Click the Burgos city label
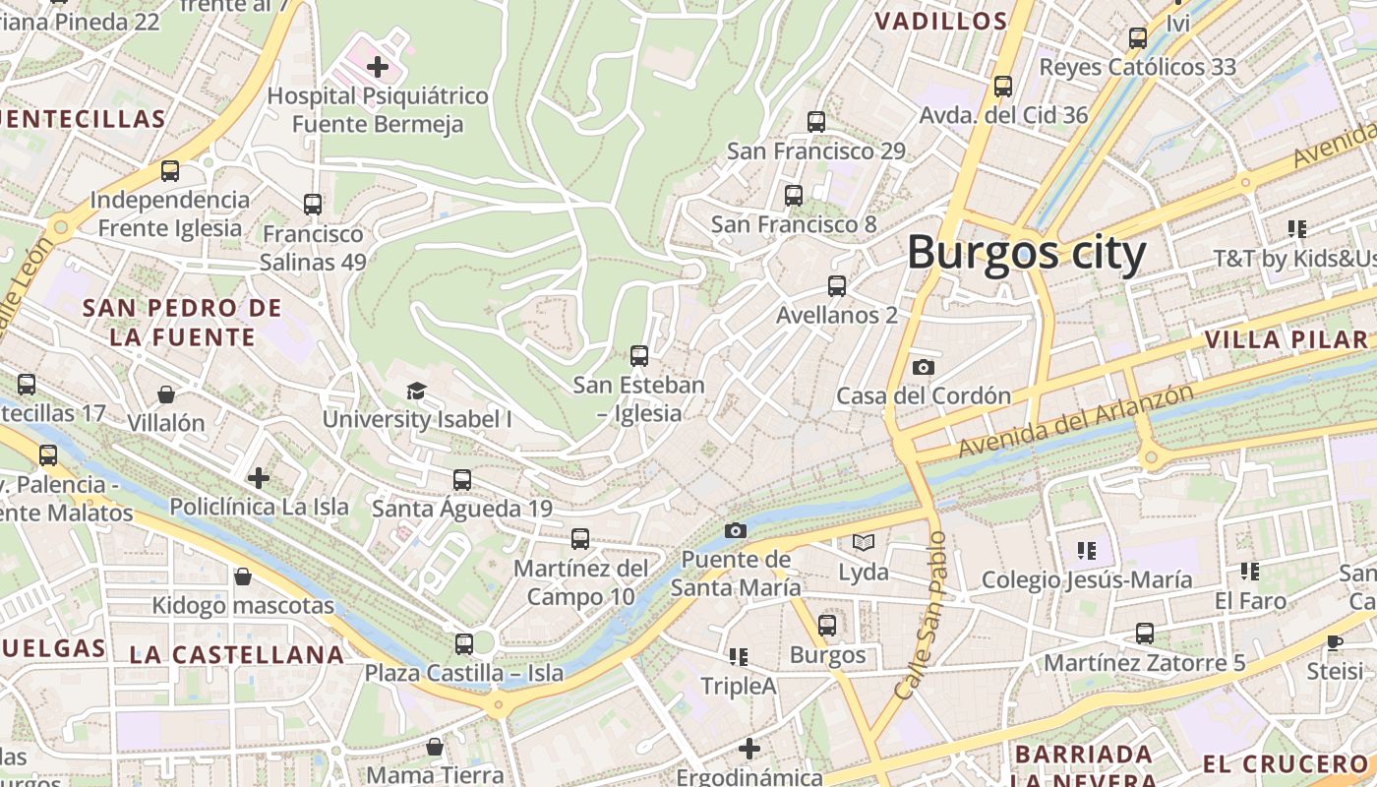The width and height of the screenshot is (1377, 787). point(1026,253)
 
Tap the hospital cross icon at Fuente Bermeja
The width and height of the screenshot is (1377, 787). point(377,68)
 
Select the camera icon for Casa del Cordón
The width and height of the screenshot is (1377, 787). point(923,367)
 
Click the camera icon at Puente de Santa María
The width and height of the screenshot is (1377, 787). point(735,530)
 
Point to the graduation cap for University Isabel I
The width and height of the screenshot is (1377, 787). point(417,391)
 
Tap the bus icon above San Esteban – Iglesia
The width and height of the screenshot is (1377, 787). point(639,356)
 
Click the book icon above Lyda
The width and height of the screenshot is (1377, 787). point(863,542)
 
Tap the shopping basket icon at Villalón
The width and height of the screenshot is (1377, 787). point(166,394)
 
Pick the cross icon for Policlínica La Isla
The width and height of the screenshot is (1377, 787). point(259,478)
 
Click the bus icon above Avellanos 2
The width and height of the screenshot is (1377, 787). point(836,286)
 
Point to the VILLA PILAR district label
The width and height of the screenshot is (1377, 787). point(1287,340)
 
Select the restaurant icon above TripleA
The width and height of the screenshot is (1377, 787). point(739,656)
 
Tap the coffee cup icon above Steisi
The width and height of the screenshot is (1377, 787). point(1335,642)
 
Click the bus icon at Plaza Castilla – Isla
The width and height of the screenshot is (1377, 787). point(464,644)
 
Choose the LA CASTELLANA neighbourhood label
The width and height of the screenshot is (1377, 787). point(237,654)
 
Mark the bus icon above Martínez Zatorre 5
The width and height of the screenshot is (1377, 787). point(1144,634)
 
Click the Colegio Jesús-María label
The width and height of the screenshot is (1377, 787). point(1087,579)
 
